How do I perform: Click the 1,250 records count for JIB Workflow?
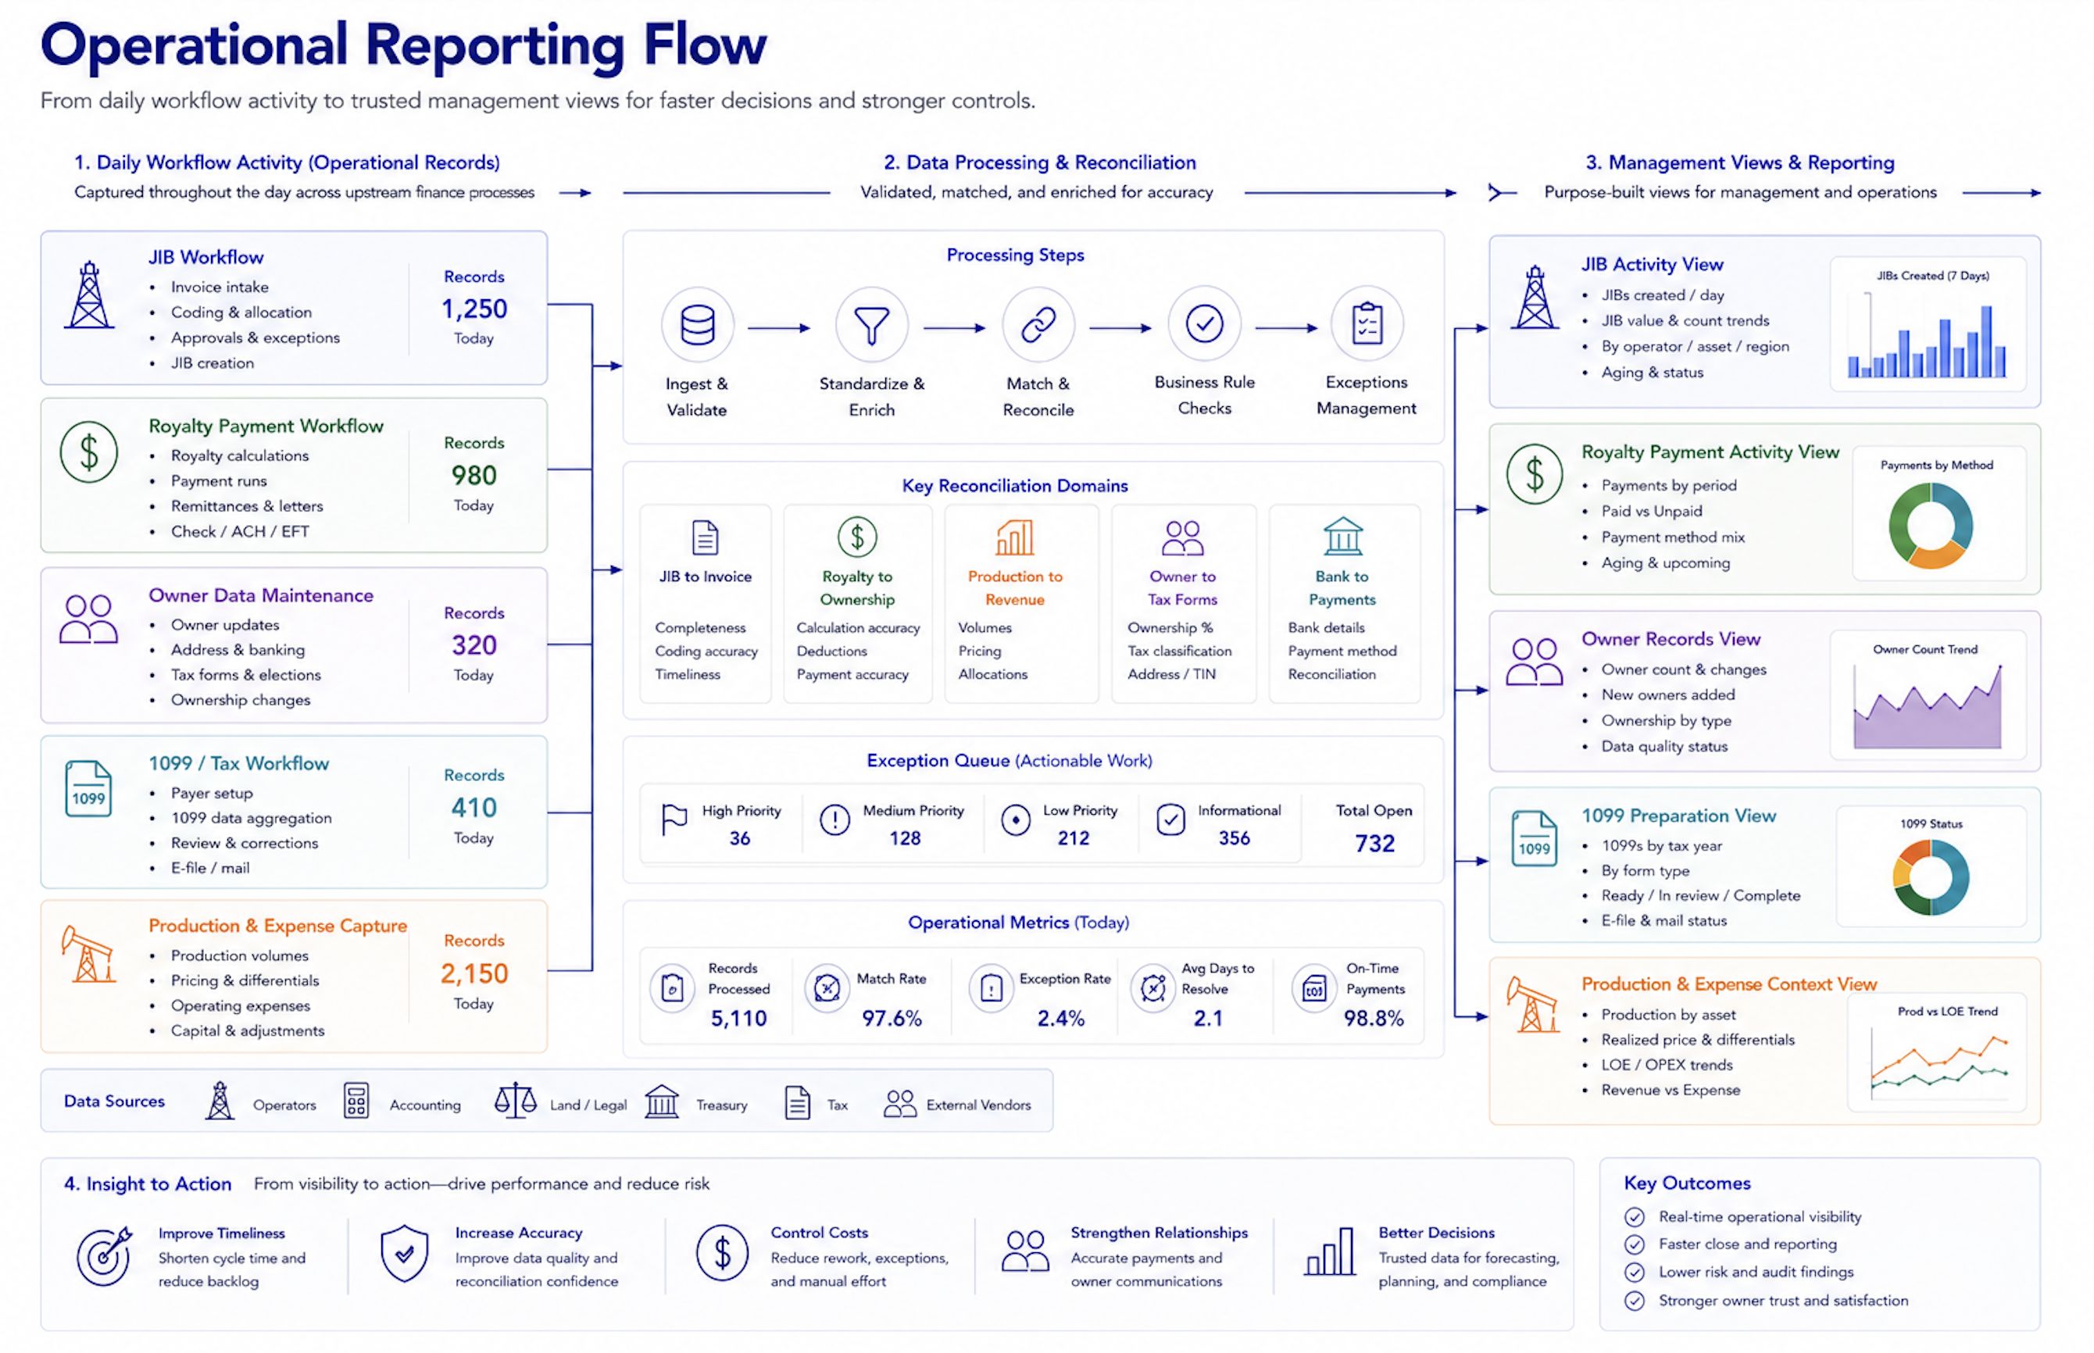click(x=473, y=309)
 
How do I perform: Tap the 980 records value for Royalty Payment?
click(x=473, y=475)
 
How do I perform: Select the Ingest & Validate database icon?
click(x=698, y=324)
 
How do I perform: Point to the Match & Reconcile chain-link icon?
click(x=1038, y=324)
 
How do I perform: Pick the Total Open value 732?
click(x=1374, y=844)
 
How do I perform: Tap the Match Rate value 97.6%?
click(x=891, y=1018)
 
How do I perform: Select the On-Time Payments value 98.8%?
click(x=1374, y=1018)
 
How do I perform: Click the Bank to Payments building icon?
click(x=1342, y=536)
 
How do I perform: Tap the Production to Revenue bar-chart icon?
click(x=1014, y=537)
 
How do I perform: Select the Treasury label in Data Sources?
click(x=721, y=1105)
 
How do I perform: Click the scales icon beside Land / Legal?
click(x=516, y=1101)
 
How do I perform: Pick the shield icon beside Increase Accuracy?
click(x=404, y=1254)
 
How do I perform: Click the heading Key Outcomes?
click(x=1687, y=1183)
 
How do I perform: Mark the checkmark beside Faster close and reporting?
click(x=1635, y=1245)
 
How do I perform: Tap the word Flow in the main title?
click(x=705, y=45)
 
